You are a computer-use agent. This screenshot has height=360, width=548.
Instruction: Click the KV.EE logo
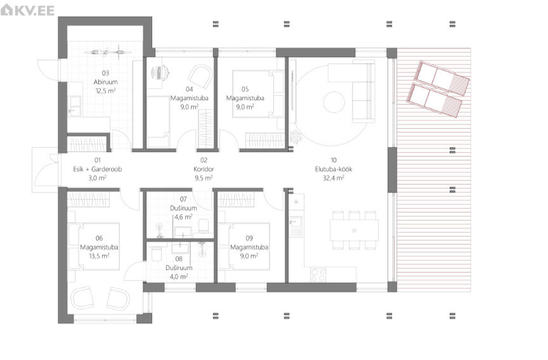coord(28,10)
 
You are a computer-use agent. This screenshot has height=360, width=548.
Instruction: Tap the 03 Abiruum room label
coord(105,77)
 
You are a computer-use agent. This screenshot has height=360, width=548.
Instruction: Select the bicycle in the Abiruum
coord(108,53)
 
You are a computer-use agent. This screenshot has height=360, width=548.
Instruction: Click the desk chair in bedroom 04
coord(160,73)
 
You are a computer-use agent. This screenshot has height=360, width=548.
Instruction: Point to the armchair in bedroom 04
coord(200,77)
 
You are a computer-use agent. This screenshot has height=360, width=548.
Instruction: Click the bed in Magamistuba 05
coord(258,94)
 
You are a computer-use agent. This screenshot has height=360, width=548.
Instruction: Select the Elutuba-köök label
coord(334,169)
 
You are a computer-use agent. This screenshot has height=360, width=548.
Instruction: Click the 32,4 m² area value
coord(334,178)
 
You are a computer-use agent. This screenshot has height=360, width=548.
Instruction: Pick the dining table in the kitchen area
coord(354,230)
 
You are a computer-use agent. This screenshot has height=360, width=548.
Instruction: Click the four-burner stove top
coord(318,275)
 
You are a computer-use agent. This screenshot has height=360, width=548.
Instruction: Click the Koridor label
coord(204,169)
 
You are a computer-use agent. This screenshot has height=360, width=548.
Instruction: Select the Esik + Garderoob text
coord(98,169)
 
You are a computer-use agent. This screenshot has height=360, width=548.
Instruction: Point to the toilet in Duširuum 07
coord(203,226)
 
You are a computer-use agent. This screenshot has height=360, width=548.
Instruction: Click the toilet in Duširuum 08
coord(156,254)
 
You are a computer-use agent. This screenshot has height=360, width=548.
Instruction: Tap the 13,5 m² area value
coord(99,256)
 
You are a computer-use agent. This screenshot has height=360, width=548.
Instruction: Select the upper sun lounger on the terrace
coord(441,78)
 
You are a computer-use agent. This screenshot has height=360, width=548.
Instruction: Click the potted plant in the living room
coord(296,138)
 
